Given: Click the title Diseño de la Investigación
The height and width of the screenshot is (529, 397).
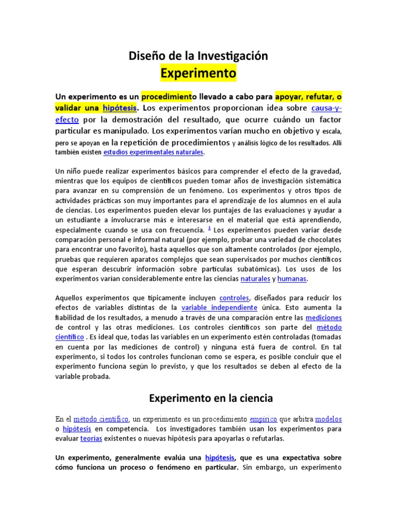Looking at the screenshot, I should point(198,56).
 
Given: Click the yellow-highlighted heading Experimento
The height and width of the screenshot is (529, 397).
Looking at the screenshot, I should point(198,73).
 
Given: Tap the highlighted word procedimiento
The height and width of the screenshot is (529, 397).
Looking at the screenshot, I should point(166,97).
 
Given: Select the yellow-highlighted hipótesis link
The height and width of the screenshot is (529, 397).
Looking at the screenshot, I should point(119,108).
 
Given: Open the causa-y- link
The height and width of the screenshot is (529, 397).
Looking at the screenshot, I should point(327,108).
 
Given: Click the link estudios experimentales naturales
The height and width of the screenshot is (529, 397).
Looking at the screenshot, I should point(154,152).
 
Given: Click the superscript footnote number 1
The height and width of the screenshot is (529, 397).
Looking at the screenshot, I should point(209,228).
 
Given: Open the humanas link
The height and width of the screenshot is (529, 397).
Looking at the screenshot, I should point(292,279).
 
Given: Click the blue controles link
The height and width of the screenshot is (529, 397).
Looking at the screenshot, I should point(235,298).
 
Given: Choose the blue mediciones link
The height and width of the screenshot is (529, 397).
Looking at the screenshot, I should point(324,318).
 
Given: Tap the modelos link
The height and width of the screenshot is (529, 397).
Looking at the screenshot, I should point(328,419).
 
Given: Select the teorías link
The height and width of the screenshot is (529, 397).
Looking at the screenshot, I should point(91,439).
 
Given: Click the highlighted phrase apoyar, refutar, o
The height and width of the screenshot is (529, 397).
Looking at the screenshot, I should point(308,97).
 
